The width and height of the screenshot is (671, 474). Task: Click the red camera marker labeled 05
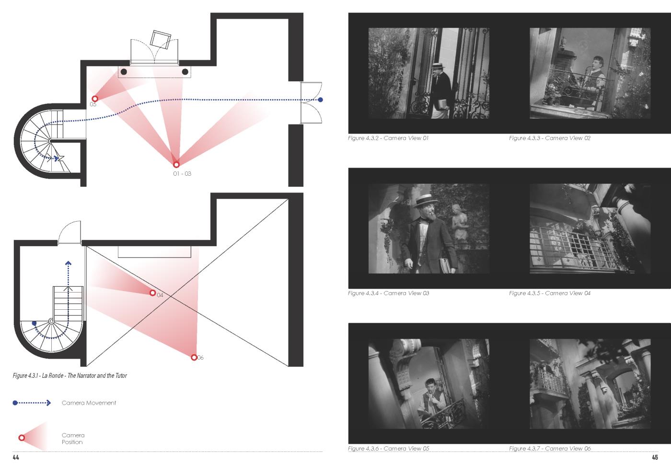(x=95, y=99)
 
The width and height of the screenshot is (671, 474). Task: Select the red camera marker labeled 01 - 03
(x=176, y=165)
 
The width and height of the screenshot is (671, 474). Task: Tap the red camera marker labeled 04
(x=153, y=293)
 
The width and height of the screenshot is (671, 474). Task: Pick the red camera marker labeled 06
(x=194, y=357)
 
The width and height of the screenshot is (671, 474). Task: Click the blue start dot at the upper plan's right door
(x=321, y=100)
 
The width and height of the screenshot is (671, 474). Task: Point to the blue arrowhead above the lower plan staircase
(x=68, y=263)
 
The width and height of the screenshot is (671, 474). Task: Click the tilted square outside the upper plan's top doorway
(x=160, y=40)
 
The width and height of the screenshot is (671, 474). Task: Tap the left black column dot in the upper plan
(x=124, y=72)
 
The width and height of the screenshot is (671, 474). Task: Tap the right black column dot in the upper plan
(x=185, y=72)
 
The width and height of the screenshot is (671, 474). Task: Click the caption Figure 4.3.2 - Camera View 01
(x=388, y=138)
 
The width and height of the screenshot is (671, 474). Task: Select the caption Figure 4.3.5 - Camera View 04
(x=550, y=293)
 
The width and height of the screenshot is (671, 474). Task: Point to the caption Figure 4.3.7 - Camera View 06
(x=550, y=448)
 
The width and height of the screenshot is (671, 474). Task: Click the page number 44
(x=16, y=457)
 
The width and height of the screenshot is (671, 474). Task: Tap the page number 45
(x=655, y=457)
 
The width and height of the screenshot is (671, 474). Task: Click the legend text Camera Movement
(x=89, y=403)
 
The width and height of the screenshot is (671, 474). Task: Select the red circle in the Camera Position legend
(x=22, y=438)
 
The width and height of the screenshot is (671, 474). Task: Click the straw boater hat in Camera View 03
(x=426, y=201)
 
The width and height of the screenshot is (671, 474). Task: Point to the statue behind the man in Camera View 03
(x=460, y=223)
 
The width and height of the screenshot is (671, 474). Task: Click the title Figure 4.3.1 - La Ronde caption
(x=70, y=375)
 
